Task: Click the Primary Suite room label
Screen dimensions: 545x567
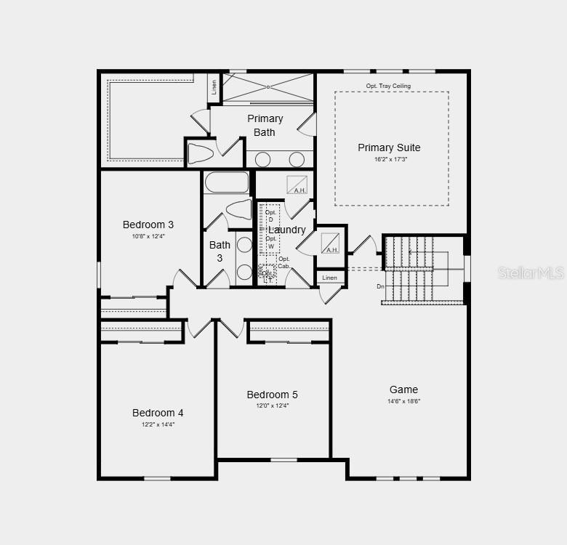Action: click(x=389, y=148)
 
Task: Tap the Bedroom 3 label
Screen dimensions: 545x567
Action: click(x=148, y=225)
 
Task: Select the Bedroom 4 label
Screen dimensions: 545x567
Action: click(x=158, y=413)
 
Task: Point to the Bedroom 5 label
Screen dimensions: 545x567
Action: click(x=272, y=395)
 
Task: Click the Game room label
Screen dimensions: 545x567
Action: click(x=403, y=389)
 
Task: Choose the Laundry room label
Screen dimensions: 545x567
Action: click(x=287, y=230)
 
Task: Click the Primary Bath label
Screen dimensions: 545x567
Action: click(x=265, y=125)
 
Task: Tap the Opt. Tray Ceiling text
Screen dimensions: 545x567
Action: click(x=388, y=86)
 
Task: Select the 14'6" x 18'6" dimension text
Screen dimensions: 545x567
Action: click(x=404, y=401)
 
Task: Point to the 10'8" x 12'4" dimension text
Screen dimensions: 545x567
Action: click(x=148, y=236)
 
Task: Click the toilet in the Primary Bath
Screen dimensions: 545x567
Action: click(x=200, y=153)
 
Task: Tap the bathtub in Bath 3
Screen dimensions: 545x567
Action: click(x=227, y=182)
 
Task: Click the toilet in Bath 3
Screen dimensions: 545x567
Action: click(x=238, y=209)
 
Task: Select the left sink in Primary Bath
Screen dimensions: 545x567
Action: click(x=263, y=159)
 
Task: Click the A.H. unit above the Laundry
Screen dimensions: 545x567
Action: click(x=297, y=185)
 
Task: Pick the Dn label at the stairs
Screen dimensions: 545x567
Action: click(x=380, y=286)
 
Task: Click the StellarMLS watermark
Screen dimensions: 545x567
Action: click(x=531, y=272)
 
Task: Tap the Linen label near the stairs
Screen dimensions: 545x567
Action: click(x=330, y=278)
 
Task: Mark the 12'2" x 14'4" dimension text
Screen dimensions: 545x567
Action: click(x=158, y=424)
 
